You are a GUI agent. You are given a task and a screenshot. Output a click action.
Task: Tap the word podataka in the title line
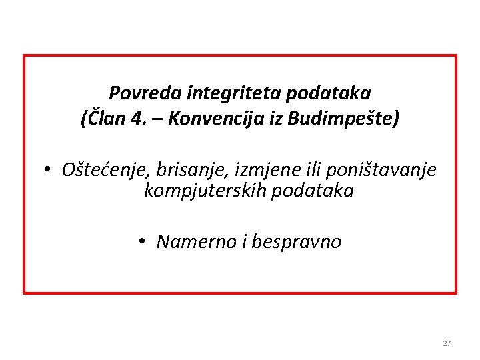coord(328,93)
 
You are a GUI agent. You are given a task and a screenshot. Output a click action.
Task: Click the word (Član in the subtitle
coord(102,119)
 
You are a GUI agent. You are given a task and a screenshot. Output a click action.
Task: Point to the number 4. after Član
coord(138,119)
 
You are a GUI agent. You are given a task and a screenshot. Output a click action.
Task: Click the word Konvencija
coord(213,119)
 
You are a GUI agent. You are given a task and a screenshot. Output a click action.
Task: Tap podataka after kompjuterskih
coord(309,191)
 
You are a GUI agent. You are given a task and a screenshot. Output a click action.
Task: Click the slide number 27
coord(447,343)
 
